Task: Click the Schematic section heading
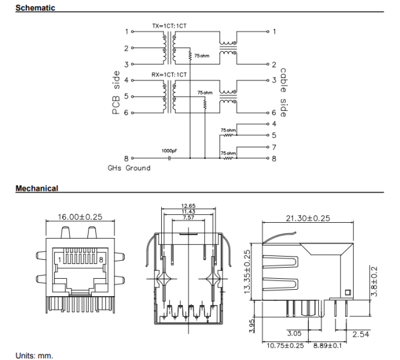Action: coord(35,8)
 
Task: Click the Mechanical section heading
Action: coord(37,188)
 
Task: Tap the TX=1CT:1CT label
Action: coord(169,26)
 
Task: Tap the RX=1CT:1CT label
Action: coord(169,74)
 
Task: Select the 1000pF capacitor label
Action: coord(170,150)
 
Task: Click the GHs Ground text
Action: coord(129,168)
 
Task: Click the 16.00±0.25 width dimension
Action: coord(80,217)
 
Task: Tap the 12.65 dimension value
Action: coord(188,206)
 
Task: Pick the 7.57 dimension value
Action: coord(188,217)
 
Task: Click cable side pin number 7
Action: coord(274,147)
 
